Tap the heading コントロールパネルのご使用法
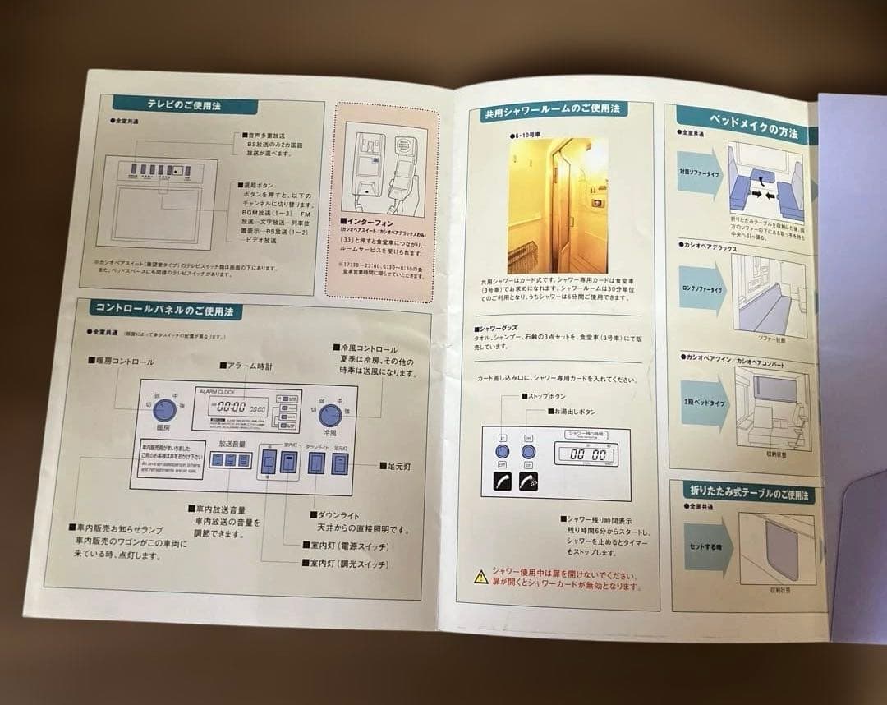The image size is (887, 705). (165, 311)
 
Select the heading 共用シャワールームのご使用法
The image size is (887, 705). (551, 110)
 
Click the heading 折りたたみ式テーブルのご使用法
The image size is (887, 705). (748, 494)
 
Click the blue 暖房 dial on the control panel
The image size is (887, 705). (166, 410)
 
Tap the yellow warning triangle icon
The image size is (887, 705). (480, 576)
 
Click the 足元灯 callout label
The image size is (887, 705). (395, 466)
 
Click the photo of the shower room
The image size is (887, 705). (558, 205)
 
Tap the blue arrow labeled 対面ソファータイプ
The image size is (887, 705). (699, 174)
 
